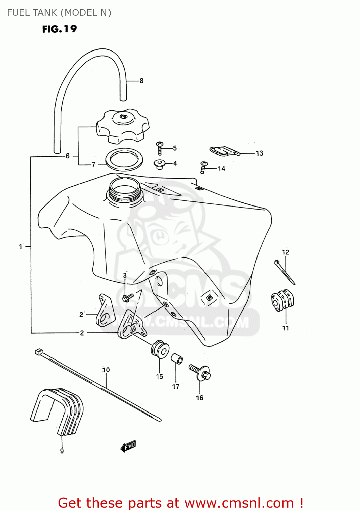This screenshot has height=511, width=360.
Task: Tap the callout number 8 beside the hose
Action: (x=141, y=81)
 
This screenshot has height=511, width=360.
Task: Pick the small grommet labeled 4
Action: (x=159, y=164)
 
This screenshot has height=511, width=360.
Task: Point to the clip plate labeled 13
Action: (x=224, y=151)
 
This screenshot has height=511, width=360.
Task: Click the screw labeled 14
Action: (x=203, y=167)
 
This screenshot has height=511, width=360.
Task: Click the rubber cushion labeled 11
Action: (x=282, y=300)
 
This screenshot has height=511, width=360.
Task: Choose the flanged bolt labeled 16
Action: (x=201, y=372)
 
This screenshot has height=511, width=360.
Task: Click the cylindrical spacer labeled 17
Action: (x=176, y=359)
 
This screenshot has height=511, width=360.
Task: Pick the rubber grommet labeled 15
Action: (x=160, y=349)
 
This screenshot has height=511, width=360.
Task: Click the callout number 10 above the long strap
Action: (x=106, y=370)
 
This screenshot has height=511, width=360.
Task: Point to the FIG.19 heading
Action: (x=59, y=29)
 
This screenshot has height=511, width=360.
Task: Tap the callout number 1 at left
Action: (x=20, y=246)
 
